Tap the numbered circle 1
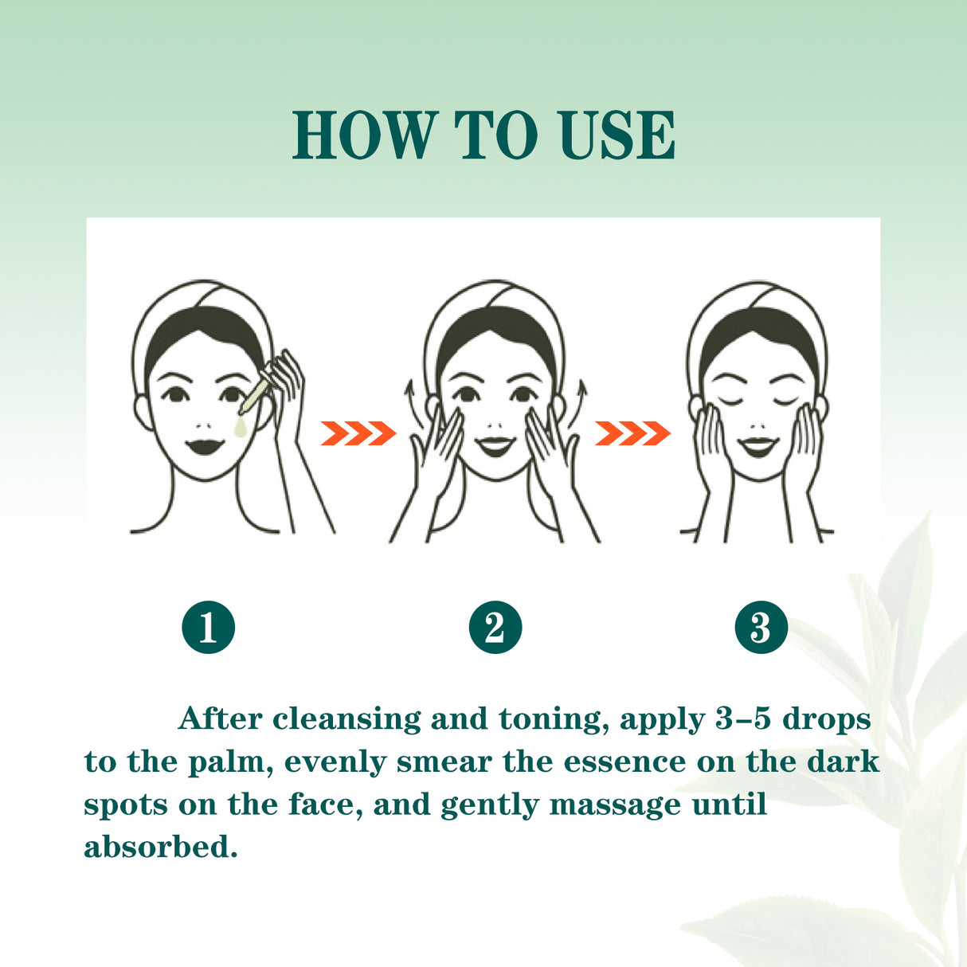[208, 627]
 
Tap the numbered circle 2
[495, 627]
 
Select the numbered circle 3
[761, 627]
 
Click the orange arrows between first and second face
[358, 434]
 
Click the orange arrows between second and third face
[632, 434]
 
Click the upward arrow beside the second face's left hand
[411, 403]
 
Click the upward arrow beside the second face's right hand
[581, 403]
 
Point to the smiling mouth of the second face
[495, 444]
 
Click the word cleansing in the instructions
[346, 719]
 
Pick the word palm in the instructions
[230, 762]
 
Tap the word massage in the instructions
[615, 805]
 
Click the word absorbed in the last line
[160, 847]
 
